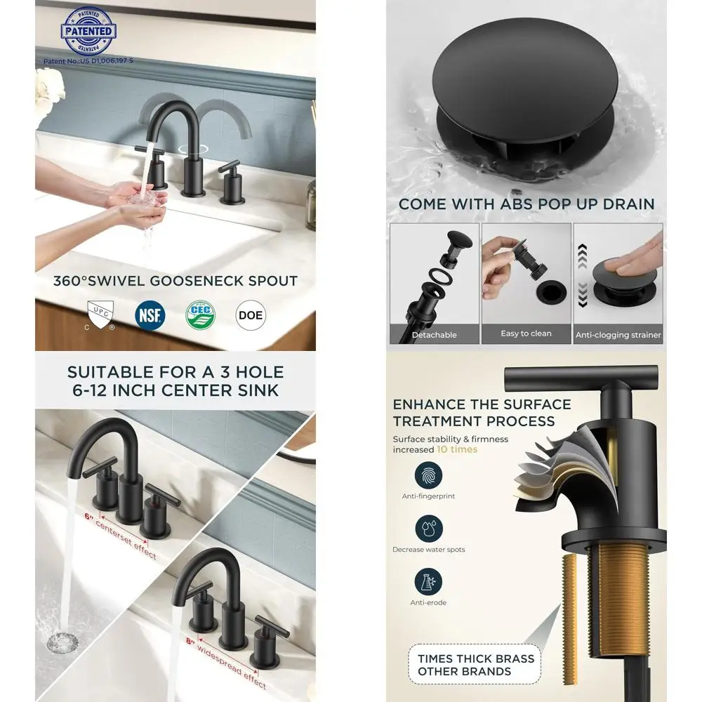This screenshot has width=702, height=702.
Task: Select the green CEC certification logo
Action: click(200, 314)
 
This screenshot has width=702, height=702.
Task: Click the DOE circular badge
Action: click(251, 315)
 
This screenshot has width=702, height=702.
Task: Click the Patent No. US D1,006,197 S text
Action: click(88, 61)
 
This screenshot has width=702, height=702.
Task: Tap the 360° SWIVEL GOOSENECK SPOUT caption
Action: click(175, 281)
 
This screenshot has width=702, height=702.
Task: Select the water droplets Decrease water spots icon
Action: click(428, 529)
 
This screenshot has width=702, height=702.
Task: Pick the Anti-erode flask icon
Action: click(428, 582)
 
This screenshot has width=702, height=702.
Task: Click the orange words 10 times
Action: click(456, 449)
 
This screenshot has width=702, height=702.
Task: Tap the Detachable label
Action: click(434, 335)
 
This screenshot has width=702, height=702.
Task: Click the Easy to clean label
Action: click(526, 333)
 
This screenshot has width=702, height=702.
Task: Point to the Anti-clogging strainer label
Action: click(618, 335)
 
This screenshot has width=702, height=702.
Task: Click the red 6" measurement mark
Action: click(89, 517)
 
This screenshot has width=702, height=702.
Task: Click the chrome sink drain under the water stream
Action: click(61, 641)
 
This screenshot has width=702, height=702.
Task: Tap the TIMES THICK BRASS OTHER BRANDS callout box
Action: click(476, 665)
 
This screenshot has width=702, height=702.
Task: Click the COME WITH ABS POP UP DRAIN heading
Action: click(526, 204)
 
